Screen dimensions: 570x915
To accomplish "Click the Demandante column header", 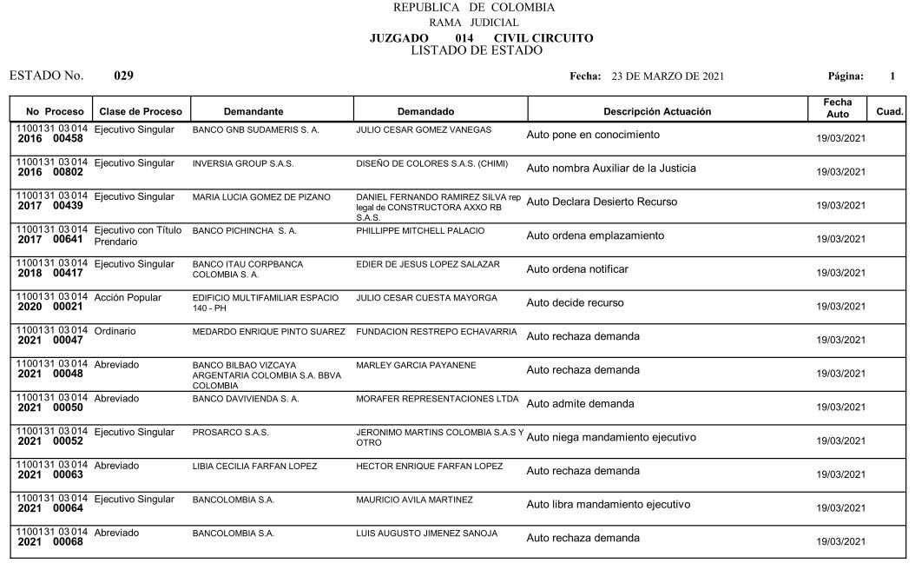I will [253, 111].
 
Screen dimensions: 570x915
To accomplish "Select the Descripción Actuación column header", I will [657, 111].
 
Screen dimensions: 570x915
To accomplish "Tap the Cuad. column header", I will [890, 111].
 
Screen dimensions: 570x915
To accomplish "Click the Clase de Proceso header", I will [141, 111].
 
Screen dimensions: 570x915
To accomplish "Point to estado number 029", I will [124, 76].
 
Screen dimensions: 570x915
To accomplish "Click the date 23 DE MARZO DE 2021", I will [668, 76].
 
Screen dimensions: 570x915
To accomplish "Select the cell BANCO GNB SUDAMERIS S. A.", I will [255, 129].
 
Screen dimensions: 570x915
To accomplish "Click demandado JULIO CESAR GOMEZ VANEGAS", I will [424, 129].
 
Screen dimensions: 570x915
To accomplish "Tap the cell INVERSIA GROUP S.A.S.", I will [243, 163].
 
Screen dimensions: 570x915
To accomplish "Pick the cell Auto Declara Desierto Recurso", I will [603, 202].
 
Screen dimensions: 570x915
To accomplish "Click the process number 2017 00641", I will [50, 239].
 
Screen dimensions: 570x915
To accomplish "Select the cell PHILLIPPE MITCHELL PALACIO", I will [420, 230].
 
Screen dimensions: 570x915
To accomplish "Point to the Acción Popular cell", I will [128, 297].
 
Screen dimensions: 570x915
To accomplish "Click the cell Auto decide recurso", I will [575, 303].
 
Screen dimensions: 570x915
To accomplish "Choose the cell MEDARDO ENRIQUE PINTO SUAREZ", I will [268, 332].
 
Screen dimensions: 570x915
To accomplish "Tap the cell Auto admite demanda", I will [580, 404].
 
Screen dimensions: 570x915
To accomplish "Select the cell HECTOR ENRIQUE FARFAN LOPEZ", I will [429, 467].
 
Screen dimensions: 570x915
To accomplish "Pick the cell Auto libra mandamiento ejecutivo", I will [608, 504].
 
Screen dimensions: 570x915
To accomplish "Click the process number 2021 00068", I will [50, 542].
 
